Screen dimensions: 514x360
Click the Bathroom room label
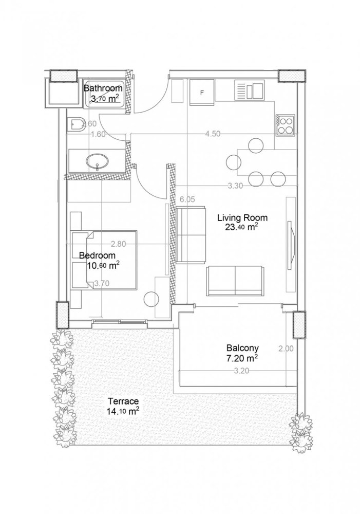(103, 88)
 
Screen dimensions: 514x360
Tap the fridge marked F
(201, 93)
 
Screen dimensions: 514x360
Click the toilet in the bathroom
(77, 124)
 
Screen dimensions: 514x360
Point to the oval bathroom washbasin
(98, 162)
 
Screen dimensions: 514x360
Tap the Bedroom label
(97, 255)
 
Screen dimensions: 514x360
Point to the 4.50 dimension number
(213, 134)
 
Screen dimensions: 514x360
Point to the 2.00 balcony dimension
(286, 348)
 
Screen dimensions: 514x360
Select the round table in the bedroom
(152, 299)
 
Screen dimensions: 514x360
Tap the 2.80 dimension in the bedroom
(119, 244)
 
